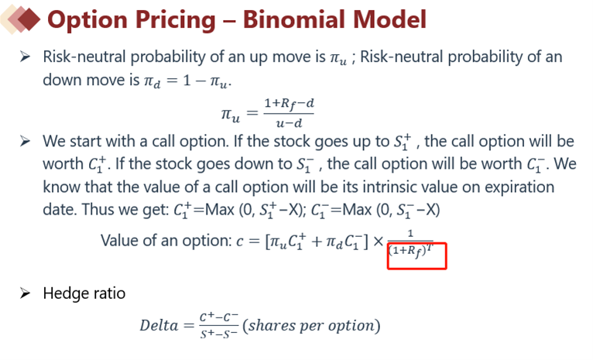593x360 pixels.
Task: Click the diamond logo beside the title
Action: click(x=21, y=19)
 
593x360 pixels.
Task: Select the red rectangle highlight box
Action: click(x=416, y=256)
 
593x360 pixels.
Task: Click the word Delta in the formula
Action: click(x=159, y=325)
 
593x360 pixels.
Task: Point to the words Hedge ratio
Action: click(x=84, y=293)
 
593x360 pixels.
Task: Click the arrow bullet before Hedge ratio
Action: click(x=26, y=293)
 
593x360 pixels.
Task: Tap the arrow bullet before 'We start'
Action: click(x=26, y=141)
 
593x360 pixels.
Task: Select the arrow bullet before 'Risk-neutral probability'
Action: click(x=26, y=57)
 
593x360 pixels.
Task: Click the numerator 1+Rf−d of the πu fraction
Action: click(x=289, y=104)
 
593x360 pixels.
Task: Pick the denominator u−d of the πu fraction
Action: click(x=289, y=123)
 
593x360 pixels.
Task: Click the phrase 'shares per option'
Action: click(x=312, y=325)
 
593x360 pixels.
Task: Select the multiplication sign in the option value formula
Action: click(x=379, y=241)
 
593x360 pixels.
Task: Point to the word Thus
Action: click(x=98, y=209)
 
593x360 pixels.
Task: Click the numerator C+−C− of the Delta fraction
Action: click(x=219, y=317)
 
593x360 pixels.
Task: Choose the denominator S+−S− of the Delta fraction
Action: click(x=219, y=334)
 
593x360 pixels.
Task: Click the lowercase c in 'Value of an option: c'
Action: click(x=240, y=242)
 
